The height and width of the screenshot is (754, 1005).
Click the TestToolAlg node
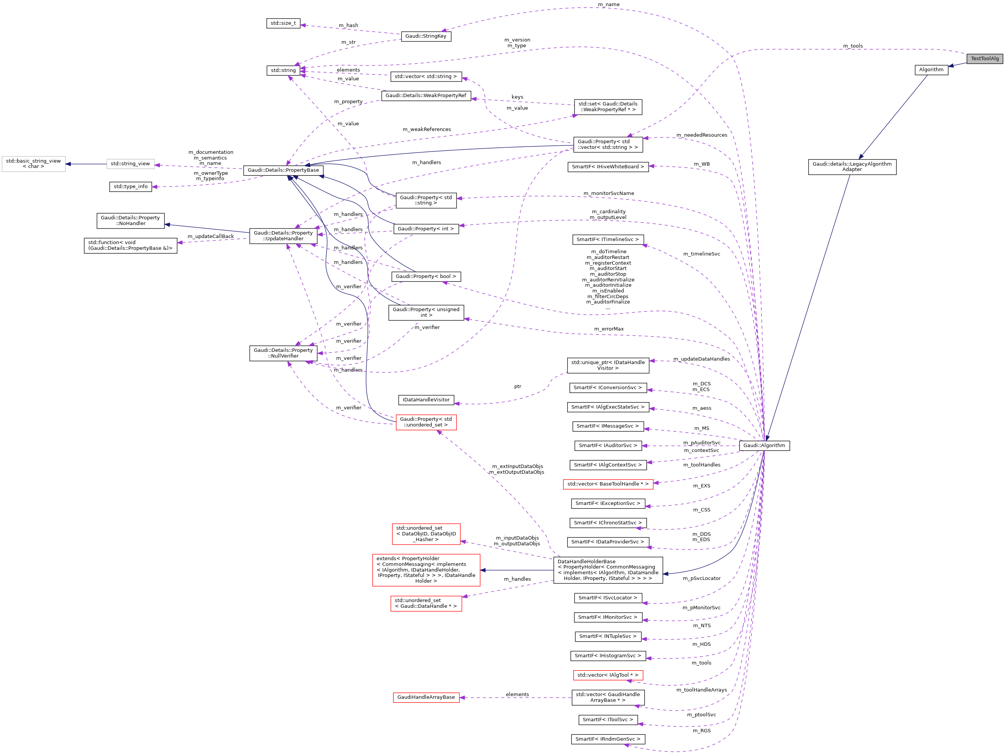984,59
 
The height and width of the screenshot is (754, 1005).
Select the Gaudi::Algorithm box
764,446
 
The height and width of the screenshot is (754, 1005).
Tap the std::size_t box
283,23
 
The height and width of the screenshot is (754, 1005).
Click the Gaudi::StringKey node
426,36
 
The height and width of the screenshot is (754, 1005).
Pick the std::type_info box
131,187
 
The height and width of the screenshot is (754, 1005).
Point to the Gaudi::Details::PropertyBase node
283,170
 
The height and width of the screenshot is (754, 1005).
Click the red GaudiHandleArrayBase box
426,697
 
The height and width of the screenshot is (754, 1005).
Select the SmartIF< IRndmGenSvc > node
608,739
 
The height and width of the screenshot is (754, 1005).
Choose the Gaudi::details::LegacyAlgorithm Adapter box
852,167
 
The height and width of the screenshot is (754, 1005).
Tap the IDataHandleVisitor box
426,400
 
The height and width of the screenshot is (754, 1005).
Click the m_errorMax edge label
608,329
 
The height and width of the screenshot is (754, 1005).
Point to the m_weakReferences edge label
427,129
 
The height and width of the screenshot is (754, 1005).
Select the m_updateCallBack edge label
211,236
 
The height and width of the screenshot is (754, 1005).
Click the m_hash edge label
348,26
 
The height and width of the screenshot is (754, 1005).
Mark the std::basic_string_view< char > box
33,164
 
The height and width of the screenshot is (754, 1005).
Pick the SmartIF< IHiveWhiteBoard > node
608,167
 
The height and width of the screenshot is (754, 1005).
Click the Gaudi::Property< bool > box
426,276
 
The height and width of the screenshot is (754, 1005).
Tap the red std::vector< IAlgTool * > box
608,676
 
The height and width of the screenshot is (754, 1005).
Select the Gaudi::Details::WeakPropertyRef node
426,96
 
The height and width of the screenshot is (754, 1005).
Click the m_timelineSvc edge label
701,254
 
